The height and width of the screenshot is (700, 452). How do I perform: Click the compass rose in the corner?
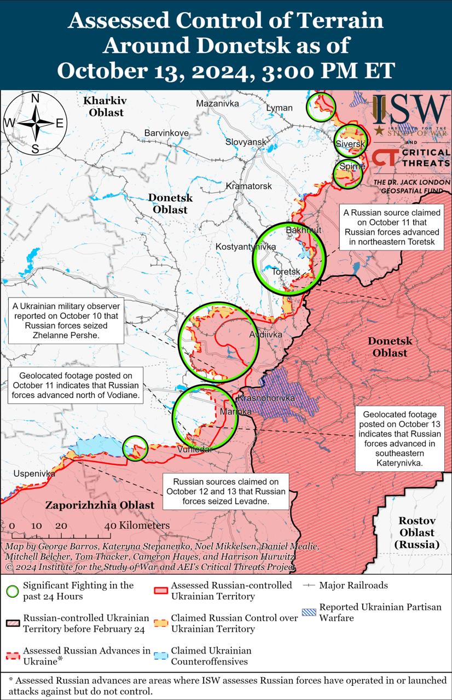coord(34,123)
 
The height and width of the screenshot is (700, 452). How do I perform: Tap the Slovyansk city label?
coord(246,142)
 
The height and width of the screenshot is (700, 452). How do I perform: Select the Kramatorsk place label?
coord(249,186)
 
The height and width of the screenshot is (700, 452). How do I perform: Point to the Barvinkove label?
coord(166,133)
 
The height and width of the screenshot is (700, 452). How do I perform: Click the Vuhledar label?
coord(195,449)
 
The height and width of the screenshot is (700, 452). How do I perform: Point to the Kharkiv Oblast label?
coord(104,107)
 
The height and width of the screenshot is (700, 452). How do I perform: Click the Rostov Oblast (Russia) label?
coord(416,532)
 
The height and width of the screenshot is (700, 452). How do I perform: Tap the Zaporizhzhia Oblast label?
coord(100,505)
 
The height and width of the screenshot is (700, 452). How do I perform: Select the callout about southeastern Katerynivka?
coord(399,439)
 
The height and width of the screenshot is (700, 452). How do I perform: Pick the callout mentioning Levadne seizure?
coord(227,492)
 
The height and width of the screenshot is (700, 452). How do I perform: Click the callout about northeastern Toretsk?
coord(392,227)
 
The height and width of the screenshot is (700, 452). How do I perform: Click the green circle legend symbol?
coord(12,591)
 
